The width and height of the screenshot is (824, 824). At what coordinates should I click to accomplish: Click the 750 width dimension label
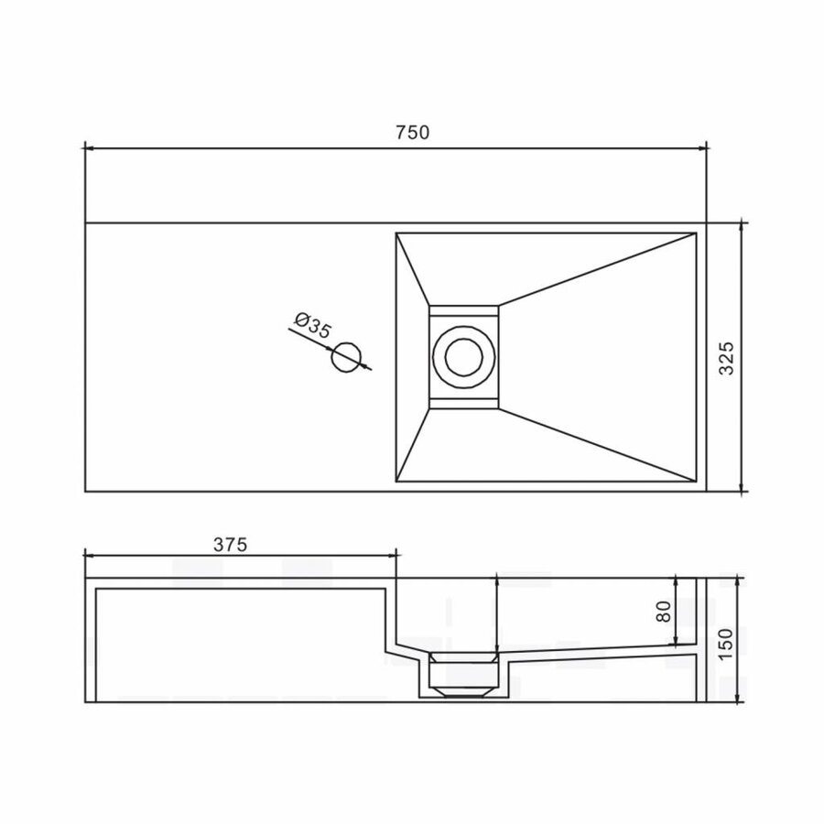(412, 132)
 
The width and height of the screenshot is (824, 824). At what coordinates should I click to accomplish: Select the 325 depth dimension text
(726, 359)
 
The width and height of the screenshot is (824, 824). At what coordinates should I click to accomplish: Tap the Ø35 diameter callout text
(311, 326)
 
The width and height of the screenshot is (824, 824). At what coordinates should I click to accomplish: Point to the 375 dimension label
(231, 544)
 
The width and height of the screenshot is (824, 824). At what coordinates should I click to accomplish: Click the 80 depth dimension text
(665, 612)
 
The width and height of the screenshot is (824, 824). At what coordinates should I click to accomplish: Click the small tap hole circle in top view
(348, 356)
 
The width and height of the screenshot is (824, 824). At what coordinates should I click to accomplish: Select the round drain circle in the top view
(464, 356)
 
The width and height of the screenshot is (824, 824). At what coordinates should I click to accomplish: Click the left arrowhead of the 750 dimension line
(89, 146)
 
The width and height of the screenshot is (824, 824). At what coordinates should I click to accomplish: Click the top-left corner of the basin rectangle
(396, 233)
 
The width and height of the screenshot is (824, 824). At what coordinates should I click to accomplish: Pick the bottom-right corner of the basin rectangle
(698, 482)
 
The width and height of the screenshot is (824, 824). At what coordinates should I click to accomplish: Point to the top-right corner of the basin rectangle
(698, 233)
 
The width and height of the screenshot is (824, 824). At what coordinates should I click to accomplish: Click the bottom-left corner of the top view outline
(85, 492)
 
